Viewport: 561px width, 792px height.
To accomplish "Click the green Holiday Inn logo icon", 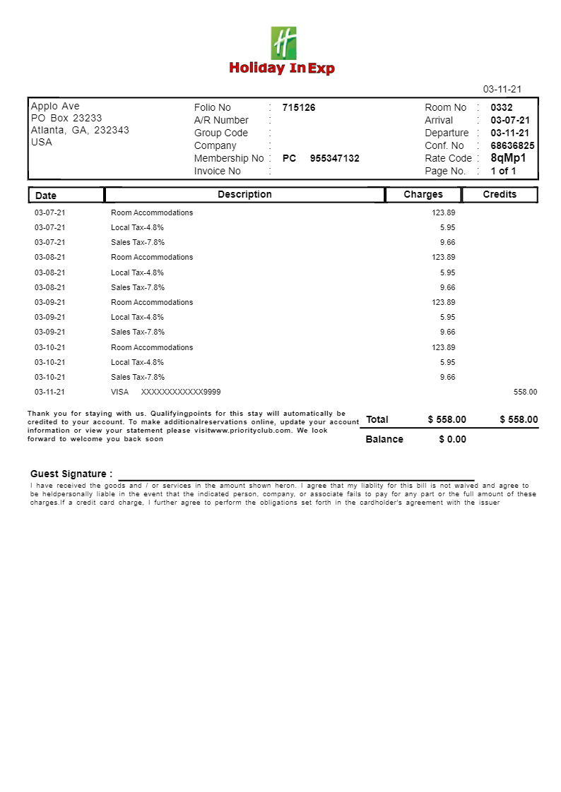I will click(x=283, y=43).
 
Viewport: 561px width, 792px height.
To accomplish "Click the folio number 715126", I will click(x=299, y=108).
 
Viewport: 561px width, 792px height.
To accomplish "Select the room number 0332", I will click(x=502, y=108).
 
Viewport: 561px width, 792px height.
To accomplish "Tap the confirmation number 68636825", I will click(x=512, y=146).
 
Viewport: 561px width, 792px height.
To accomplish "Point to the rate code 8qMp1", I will click(x=508, y=158).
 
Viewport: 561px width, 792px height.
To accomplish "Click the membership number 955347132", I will click(x=334, y=159).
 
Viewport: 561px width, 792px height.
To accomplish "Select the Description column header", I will click(x=244, y=195).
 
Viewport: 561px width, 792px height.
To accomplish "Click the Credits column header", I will click(x=500, y=195).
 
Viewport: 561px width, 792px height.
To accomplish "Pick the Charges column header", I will click(x=423, y=195).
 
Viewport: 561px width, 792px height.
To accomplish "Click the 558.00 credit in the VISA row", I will click(x=525, y=392).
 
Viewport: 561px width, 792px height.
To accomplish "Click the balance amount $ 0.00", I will click(x=452, y=440).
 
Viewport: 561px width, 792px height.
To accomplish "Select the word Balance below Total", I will click(x=384, y=440).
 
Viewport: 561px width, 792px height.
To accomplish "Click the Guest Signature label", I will click(x=71, y=474).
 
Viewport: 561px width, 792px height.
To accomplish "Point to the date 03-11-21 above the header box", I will click(x=502, y=90).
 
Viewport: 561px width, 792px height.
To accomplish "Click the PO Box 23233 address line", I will click(x=66, y=119).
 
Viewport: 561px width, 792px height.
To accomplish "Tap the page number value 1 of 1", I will click(x=503, y=172).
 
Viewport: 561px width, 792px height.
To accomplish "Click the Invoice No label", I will click(x=218, y=172).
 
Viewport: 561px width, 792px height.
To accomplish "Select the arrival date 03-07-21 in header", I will click(x=510, y=121).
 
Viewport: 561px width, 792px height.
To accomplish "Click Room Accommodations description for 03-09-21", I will click(x=152, y=302).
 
